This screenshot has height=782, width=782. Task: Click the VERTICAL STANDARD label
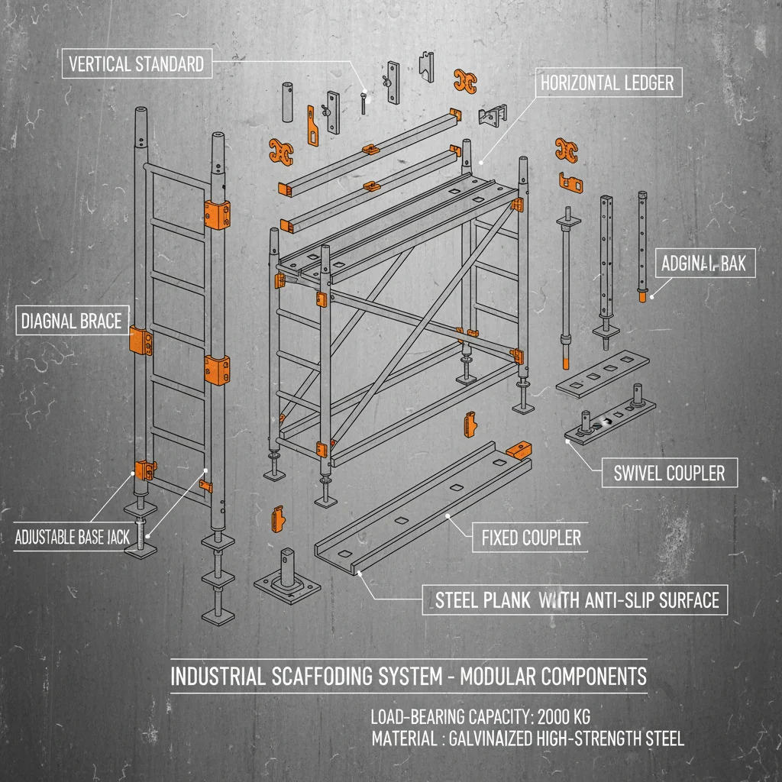pos(136,63)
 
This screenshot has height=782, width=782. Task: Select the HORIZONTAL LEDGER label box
pos(607,82)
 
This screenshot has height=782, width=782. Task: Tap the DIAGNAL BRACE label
pos(73,321)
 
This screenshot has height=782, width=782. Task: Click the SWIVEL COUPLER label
pos(669,473)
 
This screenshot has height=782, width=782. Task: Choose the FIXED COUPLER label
pos(531,538)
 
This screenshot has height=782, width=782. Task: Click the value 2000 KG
pos(564,717)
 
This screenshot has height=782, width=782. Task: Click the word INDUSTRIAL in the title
pos(216,677)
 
